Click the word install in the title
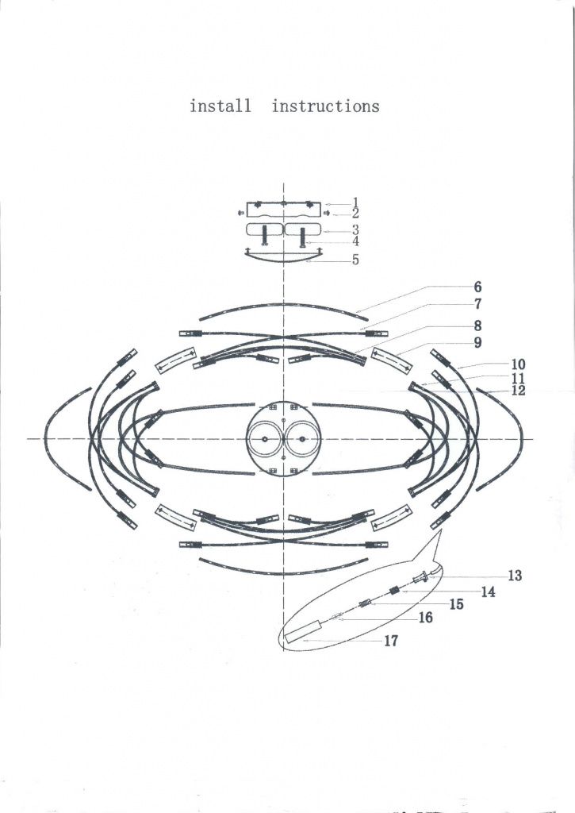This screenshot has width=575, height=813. (220, 106)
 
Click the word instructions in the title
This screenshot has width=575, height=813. (325, 106)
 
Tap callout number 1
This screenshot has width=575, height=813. (355, 202)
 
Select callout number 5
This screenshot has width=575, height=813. (355, 260)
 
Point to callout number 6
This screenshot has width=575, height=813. (477, 287)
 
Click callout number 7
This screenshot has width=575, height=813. (477, 304)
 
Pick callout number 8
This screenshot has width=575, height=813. (477, 326)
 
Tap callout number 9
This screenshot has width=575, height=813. (477, 342)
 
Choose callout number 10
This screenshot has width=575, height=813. (518, 364)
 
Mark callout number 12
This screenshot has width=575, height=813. (518, 391)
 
